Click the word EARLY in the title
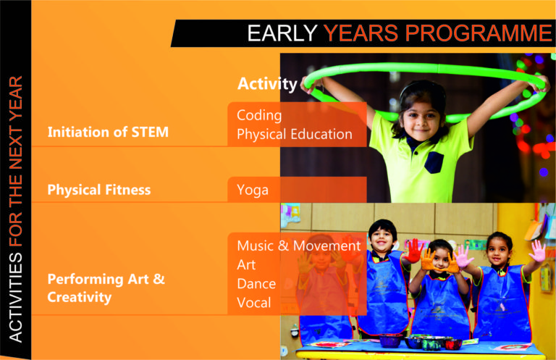282,33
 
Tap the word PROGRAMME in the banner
479,33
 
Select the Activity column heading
267,85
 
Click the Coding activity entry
259,115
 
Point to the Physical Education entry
295,134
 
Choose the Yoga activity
253,190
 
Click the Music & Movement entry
298,246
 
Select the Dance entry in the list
256,284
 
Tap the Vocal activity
254,303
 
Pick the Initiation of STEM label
108,132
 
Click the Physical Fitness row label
99,190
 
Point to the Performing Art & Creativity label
106,288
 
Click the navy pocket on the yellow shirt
434,162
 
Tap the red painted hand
413,251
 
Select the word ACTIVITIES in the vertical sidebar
16,298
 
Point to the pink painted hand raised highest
538,251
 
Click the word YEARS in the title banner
362,33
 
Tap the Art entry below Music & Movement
246,264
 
